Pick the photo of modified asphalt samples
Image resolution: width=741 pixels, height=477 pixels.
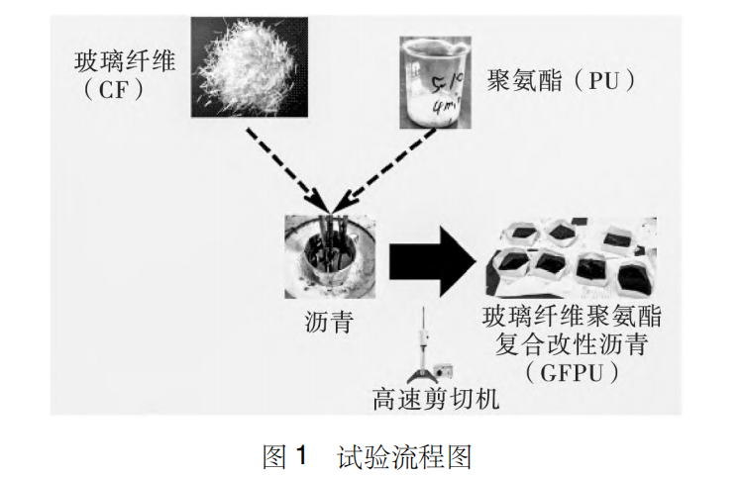point(571,259)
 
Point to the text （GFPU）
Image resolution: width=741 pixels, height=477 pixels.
point(572,373)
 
